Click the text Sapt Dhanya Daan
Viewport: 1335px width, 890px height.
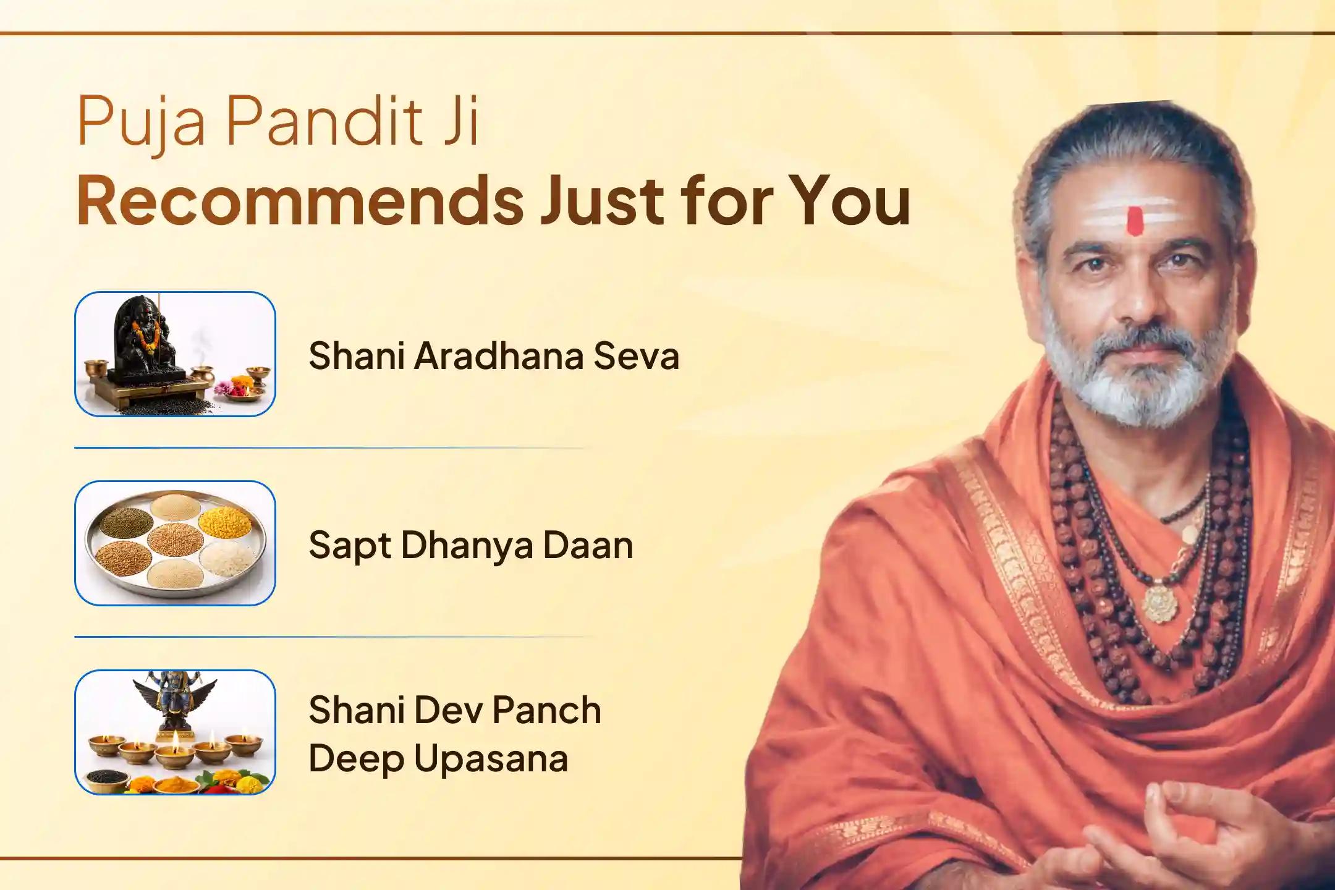point(470,545)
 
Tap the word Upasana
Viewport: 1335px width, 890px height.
point(491,758)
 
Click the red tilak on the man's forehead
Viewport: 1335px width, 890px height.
point(1134,221)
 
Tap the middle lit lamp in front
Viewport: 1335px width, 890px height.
point(175,753)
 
